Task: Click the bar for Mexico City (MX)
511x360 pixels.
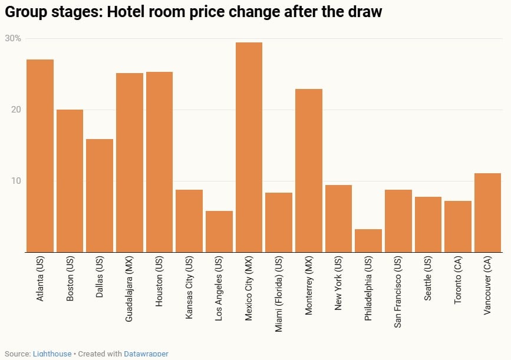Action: (249, 147)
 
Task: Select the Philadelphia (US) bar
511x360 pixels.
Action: (368, 240)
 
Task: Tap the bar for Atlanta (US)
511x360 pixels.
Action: (40, 156)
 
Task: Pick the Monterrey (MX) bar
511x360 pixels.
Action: (309, 170)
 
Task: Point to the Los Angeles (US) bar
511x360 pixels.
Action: (219, 232)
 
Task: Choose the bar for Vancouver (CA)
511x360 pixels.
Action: (487, 213)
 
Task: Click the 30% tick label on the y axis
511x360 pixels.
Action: (13, 39)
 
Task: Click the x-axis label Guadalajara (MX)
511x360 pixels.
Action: (129, 289)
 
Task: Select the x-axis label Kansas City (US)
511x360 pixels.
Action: (189, 288)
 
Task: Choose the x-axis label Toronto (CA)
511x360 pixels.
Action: (458, 282)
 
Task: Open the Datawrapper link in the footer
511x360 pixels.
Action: (146, 354)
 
